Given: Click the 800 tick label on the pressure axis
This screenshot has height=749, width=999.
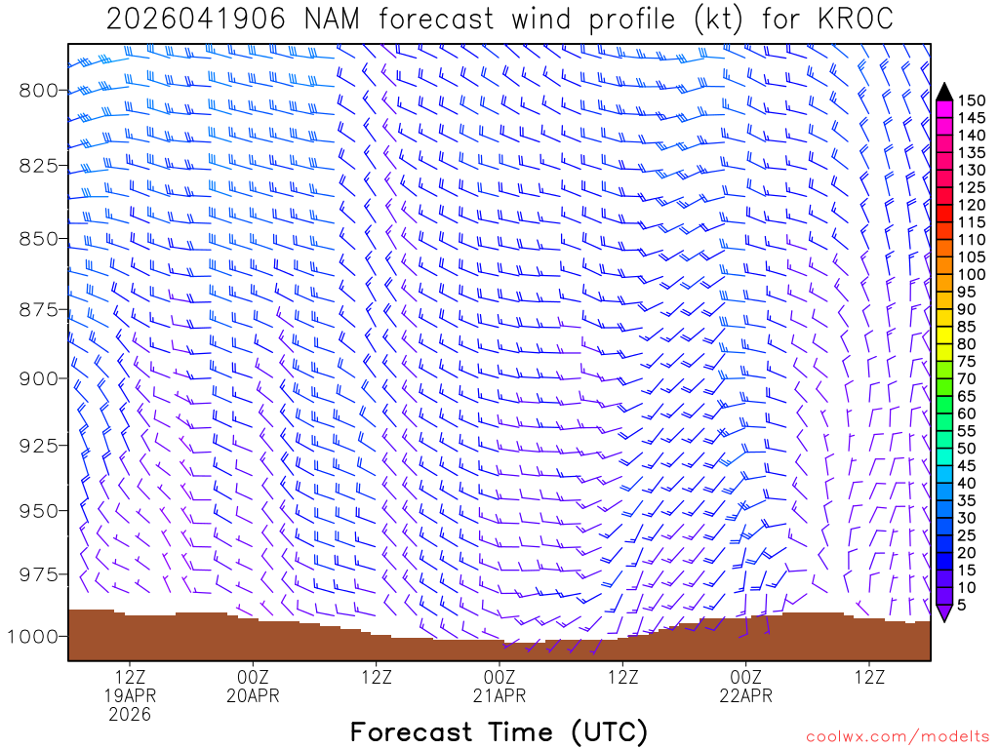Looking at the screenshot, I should [x=38, y=91].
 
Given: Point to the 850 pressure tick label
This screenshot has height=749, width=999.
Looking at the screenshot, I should [x=38, y=239].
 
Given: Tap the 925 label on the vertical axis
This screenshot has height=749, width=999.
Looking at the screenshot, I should [x=38, y=446].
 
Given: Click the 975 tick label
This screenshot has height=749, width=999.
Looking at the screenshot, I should [x=38, y=572].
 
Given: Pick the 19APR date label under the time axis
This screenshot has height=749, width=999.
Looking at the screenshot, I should [x=130, y=695].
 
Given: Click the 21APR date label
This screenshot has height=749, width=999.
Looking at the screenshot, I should [x=499, y=695].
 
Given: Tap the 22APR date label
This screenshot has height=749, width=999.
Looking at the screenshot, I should [x=746, y=695].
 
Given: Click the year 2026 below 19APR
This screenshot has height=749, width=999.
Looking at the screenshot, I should [x=130, y=715].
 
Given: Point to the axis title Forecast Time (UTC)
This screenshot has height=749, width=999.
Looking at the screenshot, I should [x=499, y=731].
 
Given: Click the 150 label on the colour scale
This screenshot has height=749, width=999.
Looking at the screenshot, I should [x=970, y=99].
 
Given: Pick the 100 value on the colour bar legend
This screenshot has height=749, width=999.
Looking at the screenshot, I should [x=970, y=274].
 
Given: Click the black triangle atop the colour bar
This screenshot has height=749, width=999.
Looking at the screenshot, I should [x=943, y=91].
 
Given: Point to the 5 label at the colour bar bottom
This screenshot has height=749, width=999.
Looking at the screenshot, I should [x=961, y=606].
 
